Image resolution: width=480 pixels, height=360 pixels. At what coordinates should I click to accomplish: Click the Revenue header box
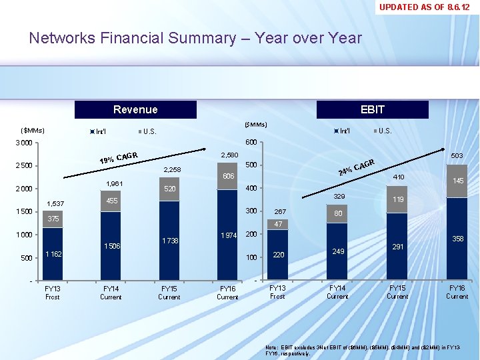coord(135,109)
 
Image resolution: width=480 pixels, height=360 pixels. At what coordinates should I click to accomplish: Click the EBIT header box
coord(372,109)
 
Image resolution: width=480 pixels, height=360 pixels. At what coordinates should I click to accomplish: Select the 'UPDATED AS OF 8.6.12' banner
coord(428,7)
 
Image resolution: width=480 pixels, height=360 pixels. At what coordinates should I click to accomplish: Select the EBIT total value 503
coord(457,155)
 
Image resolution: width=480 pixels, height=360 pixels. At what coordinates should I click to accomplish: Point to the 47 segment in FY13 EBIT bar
coord(278,225)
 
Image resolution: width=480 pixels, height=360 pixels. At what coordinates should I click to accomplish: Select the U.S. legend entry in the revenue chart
coord(147,131)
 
